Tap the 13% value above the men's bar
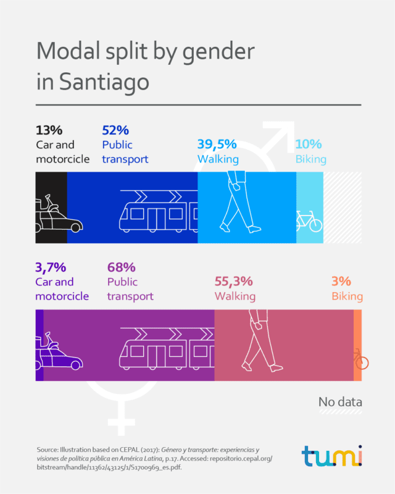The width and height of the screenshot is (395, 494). click(x=50, y=130)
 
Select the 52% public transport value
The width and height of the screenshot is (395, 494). click(x=115, y=130)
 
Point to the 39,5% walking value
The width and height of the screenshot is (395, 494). click(x=217, y=144)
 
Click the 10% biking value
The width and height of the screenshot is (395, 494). click(x=309, y=144)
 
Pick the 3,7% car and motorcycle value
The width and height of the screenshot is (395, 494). click(x=51, y=267)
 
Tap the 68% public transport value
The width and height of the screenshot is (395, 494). click(x=121, y=267)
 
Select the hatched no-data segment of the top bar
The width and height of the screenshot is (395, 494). click(x=342, y=207)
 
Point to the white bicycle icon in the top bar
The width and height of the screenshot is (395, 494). click(x=309, y=220)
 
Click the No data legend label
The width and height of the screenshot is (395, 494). click(x=340, y=403)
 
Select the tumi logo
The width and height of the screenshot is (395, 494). click(x=332, y=456)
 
